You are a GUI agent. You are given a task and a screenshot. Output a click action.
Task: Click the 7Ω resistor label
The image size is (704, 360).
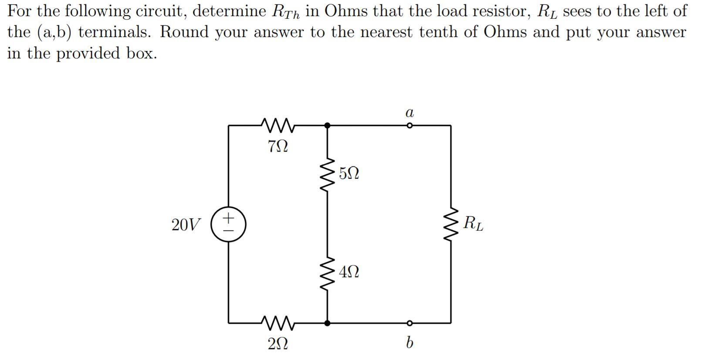pyautogui.click(x=278, y=146)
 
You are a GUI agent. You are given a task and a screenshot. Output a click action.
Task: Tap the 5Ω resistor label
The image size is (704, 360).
pyautogui.click(x=349, y=173)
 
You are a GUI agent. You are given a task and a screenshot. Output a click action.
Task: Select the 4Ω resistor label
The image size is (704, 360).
pyautogui.click(x=349, y=272)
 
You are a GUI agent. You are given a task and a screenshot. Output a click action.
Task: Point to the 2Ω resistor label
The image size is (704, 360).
pyautogui.click(x=278, y=344)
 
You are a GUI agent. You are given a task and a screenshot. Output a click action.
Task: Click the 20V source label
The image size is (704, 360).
pyautogui.click(x=186, y=225)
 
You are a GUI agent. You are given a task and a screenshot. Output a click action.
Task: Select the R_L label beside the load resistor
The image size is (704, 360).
pyautogui.click(x=473, y=223)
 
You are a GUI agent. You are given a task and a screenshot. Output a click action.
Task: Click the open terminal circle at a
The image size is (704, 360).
pyautogui.click(x=409, y=126)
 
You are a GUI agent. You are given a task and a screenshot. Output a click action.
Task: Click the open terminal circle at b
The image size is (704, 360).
pyautogui.click(x=409, y=323)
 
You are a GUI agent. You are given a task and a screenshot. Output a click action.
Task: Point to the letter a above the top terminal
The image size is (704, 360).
pyautogui.click(x=409, y=113)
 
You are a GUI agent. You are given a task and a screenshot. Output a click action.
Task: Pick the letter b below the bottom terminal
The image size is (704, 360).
pyautogui.click(x=409, y=343)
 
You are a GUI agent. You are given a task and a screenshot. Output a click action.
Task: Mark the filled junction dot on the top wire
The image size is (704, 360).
pyautogui.click(x=328, y=126)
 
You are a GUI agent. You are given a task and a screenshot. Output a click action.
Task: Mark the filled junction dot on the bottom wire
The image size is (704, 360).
pyautogui.click(x=328, y=323)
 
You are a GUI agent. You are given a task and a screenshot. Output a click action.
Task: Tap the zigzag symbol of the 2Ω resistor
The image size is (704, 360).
pyautogui.click(x=278, y=323)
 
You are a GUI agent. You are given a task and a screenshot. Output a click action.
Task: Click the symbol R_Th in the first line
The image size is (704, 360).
pyautogui.click(x=286, y=12)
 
